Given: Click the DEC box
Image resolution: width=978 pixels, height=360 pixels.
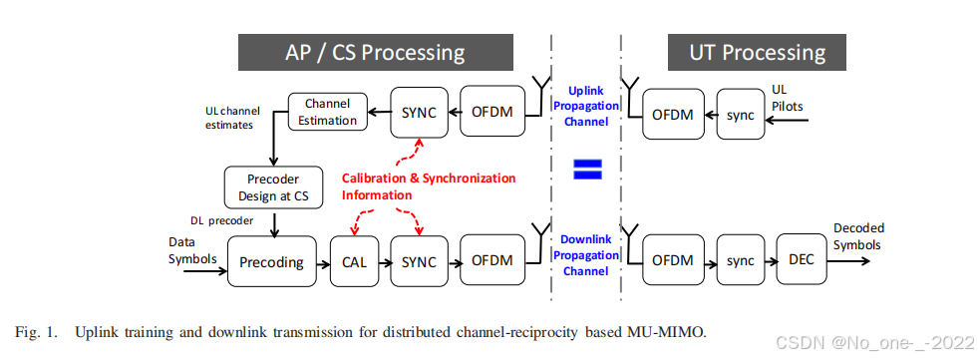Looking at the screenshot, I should [802, 260].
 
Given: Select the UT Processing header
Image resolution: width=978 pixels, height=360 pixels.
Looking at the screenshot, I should [758, 52].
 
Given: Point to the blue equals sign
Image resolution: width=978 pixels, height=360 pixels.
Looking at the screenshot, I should [586, 170].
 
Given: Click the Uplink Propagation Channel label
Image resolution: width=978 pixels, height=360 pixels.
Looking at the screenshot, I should [586, 105].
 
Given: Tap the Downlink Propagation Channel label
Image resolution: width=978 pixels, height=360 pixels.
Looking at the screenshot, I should [586, 255].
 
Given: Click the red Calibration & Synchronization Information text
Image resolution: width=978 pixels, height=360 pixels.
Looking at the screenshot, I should [429, 185].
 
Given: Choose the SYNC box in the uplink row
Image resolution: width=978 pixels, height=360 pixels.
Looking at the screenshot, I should [419, 112].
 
